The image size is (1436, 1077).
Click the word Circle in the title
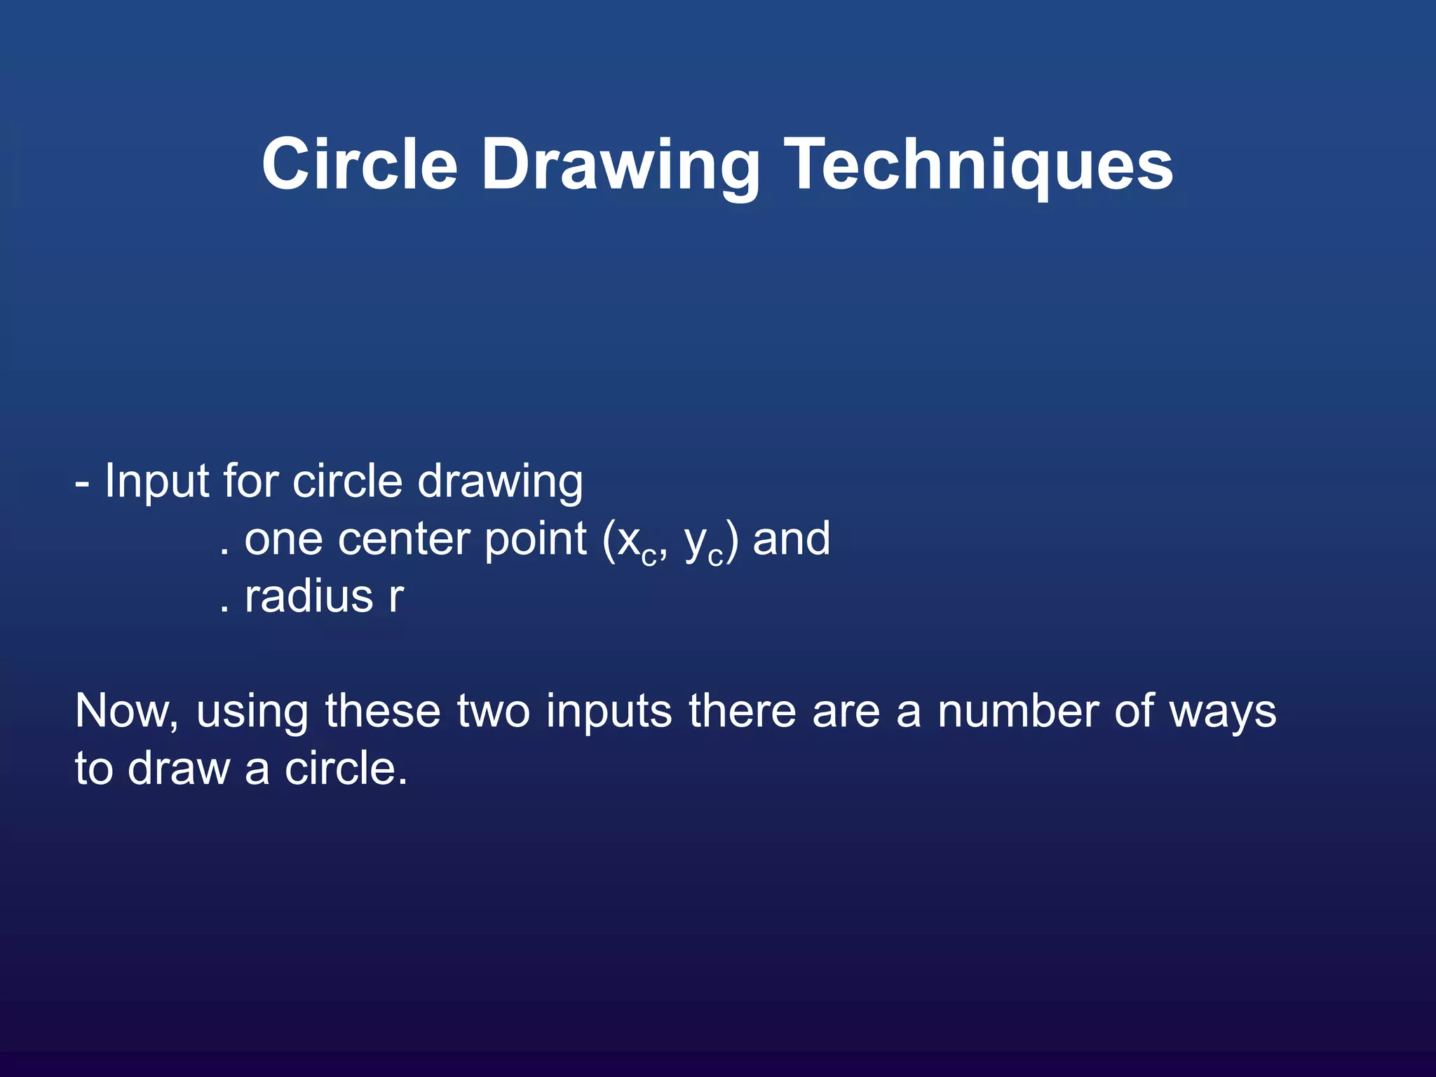(360, 164)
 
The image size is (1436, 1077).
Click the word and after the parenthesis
(791, 539)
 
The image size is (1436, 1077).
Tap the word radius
(309, 597)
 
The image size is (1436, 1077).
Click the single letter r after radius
(396, 598)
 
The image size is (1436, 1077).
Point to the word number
(1018, 712)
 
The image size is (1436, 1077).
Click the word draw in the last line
(179, 769)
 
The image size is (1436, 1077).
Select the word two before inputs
(493, 712)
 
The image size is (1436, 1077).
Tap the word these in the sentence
(383, 712)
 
